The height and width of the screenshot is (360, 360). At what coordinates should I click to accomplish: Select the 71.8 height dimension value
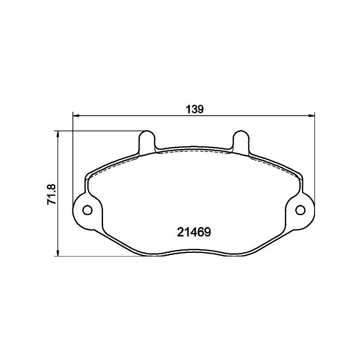pos(51,194)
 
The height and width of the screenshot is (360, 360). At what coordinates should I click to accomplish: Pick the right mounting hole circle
pos(300,210)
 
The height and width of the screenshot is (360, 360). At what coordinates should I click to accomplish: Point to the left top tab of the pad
pos(147,139)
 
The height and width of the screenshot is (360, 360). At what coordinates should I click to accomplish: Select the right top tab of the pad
pos(239,139)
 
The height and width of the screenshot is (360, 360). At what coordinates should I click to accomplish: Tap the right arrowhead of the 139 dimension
pos(311,116)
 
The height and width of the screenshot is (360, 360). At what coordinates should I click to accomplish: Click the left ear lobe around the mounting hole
pos(81,210)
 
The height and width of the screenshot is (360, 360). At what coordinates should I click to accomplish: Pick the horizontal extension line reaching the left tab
pos(99,131)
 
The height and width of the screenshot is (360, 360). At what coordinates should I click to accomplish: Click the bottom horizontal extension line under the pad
pos(99,256)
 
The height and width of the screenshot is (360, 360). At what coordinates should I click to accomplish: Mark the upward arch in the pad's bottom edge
pos(193,249)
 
